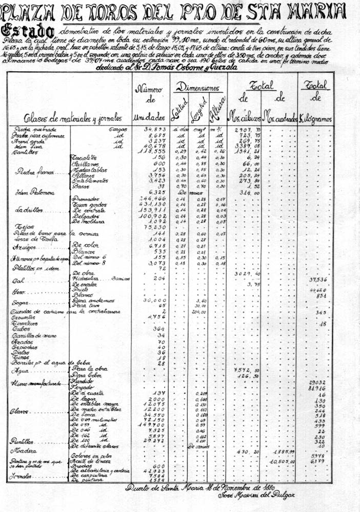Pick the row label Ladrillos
[x=27, y=210]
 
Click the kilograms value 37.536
[x=318, y=280]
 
